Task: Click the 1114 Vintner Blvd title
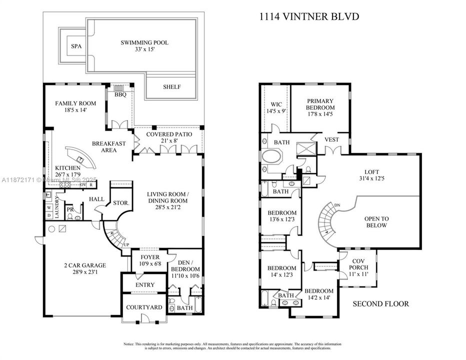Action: point(308,17)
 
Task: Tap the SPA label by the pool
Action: point(76,46)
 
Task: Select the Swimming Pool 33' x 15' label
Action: point(144,46)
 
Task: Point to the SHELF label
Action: point(171,87)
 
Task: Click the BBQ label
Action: point(120,94)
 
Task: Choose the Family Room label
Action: point(75,106)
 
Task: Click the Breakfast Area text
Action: point(108,146)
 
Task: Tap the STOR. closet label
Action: point(121,203)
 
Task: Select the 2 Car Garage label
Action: point(77,269)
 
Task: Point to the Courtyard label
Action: point(144,307)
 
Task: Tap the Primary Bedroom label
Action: point(320,107)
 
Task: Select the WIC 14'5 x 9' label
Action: point(276,107)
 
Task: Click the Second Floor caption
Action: point(381,303)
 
